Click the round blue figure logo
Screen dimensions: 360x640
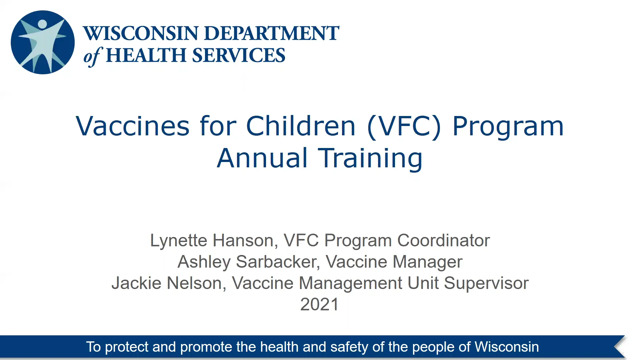coord(43,42)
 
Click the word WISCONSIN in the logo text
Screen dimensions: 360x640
coord(141,33)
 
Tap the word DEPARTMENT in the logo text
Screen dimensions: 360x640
coord(271,33)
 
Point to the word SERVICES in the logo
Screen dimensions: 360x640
coord(239,55)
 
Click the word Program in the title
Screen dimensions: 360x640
coord(508,127)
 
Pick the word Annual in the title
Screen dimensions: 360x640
coord(262,158)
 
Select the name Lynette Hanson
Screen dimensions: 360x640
coord(212,240)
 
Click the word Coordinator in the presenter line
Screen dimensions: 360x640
coord(443,240)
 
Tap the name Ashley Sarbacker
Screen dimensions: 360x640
coord(248,262)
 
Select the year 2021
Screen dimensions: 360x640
coord(319,304)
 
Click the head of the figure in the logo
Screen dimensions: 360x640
coord(42,24)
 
